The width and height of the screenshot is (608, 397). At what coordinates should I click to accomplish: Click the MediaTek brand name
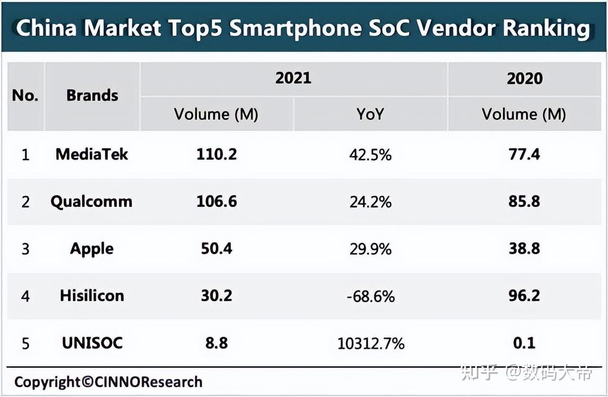click(92, 154)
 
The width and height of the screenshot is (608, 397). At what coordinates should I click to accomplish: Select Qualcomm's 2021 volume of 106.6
click(216, 202)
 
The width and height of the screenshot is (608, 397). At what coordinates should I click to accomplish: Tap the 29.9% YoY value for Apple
click(370, 249)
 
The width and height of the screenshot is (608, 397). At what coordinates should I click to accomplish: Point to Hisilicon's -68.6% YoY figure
click(370, 296)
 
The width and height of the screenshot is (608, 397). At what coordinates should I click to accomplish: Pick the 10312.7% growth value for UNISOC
click(370, 344)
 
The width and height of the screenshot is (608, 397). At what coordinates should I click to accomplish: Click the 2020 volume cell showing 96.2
click(524, 296)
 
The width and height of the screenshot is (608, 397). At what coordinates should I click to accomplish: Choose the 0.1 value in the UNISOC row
click(524, 343)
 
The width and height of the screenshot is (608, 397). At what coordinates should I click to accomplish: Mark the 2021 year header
click(293, 78)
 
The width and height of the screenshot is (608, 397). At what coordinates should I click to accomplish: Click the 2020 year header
click(524, 78)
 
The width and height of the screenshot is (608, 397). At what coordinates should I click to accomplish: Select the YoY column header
click(370, 114)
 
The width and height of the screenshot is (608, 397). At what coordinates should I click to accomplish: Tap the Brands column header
click(92, 95)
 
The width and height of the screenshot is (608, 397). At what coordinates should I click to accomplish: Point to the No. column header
click(25, 95)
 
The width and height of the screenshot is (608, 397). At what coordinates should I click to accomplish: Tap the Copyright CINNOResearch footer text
click(108, 382)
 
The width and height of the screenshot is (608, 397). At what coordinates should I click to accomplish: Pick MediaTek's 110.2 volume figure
click(216, 154)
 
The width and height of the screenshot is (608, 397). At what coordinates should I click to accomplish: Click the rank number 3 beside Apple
click(25, 249)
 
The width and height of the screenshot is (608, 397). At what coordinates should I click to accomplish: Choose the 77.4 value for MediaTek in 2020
click(524, 154)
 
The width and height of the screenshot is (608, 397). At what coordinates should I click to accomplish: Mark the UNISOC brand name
click(92, 343)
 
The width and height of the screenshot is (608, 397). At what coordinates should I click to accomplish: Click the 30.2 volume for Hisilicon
click(216, 296)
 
